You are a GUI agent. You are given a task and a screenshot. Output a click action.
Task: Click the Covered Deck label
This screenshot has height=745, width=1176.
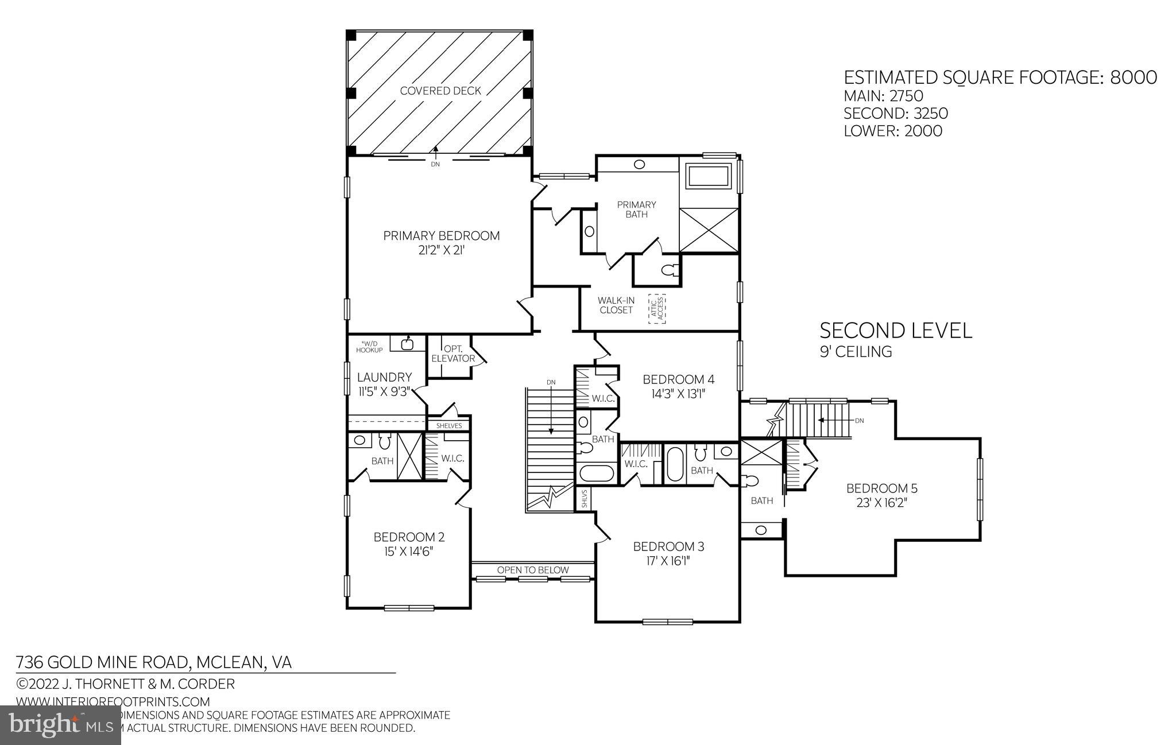[x=440, y=91]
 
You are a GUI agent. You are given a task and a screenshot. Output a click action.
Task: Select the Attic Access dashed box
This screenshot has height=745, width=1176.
[x=657, y=309]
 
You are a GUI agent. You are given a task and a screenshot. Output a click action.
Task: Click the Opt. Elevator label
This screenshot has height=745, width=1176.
[x=453, y=354]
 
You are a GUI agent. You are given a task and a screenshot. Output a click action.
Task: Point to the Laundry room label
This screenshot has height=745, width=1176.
[x=384, y=377]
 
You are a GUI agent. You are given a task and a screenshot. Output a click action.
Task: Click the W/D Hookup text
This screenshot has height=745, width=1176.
[x=369, y=347]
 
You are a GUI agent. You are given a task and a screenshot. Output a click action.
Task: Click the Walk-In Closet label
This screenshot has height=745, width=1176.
[x=615, y=305]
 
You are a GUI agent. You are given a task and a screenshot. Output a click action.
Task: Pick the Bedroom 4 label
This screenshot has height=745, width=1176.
[x=678, y=379]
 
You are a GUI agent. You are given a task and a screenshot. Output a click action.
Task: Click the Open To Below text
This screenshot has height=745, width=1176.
[x=532, y=570]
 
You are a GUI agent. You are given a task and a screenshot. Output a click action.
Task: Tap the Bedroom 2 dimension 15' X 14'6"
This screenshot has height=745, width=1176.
[x=409, y=552]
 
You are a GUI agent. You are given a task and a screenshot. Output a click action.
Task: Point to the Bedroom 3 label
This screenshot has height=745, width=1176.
[x=668, y=546]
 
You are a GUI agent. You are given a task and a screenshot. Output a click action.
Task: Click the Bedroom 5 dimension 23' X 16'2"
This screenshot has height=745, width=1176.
[x=881, y=503]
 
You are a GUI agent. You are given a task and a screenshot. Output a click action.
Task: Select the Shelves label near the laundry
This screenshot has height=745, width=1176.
[x=449, y=426]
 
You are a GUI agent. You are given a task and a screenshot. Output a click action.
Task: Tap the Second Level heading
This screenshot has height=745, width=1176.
[x=895, y=331]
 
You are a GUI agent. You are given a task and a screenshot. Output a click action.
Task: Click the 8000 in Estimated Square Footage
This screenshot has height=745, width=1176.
[x=1134, y=77]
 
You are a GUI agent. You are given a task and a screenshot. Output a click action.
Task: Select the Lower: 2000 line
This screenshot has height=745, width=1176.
[x=892, y=131]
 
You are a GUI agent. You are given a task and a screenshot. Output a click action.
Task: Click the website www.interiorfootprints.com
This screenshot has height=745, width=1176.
[x=113, y=701]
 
